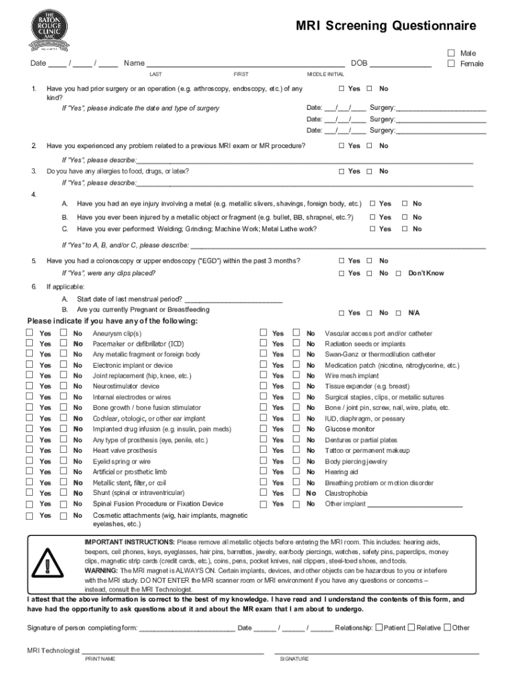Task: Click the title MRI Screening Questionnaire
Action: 387,25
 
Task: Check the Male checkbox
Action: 451,53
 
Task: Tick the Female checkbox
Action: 451,64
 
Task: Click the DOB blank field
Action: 400,64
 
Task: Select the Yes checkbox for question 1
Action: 341,88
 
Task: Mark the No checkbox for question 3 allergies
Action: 369,171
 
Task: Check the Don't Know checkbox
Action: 398,273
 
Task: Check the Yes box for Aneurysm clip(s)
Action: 29,333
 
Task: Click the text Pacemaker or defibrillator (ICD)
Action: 138,344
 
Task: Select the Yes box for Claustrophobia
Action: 263,492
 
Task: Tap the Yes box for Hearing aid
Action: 263,472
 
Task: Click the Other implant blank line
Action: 414,504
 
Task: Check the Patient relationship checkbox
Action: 379,628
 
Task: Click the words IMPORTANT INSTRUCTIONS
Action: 129,541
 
